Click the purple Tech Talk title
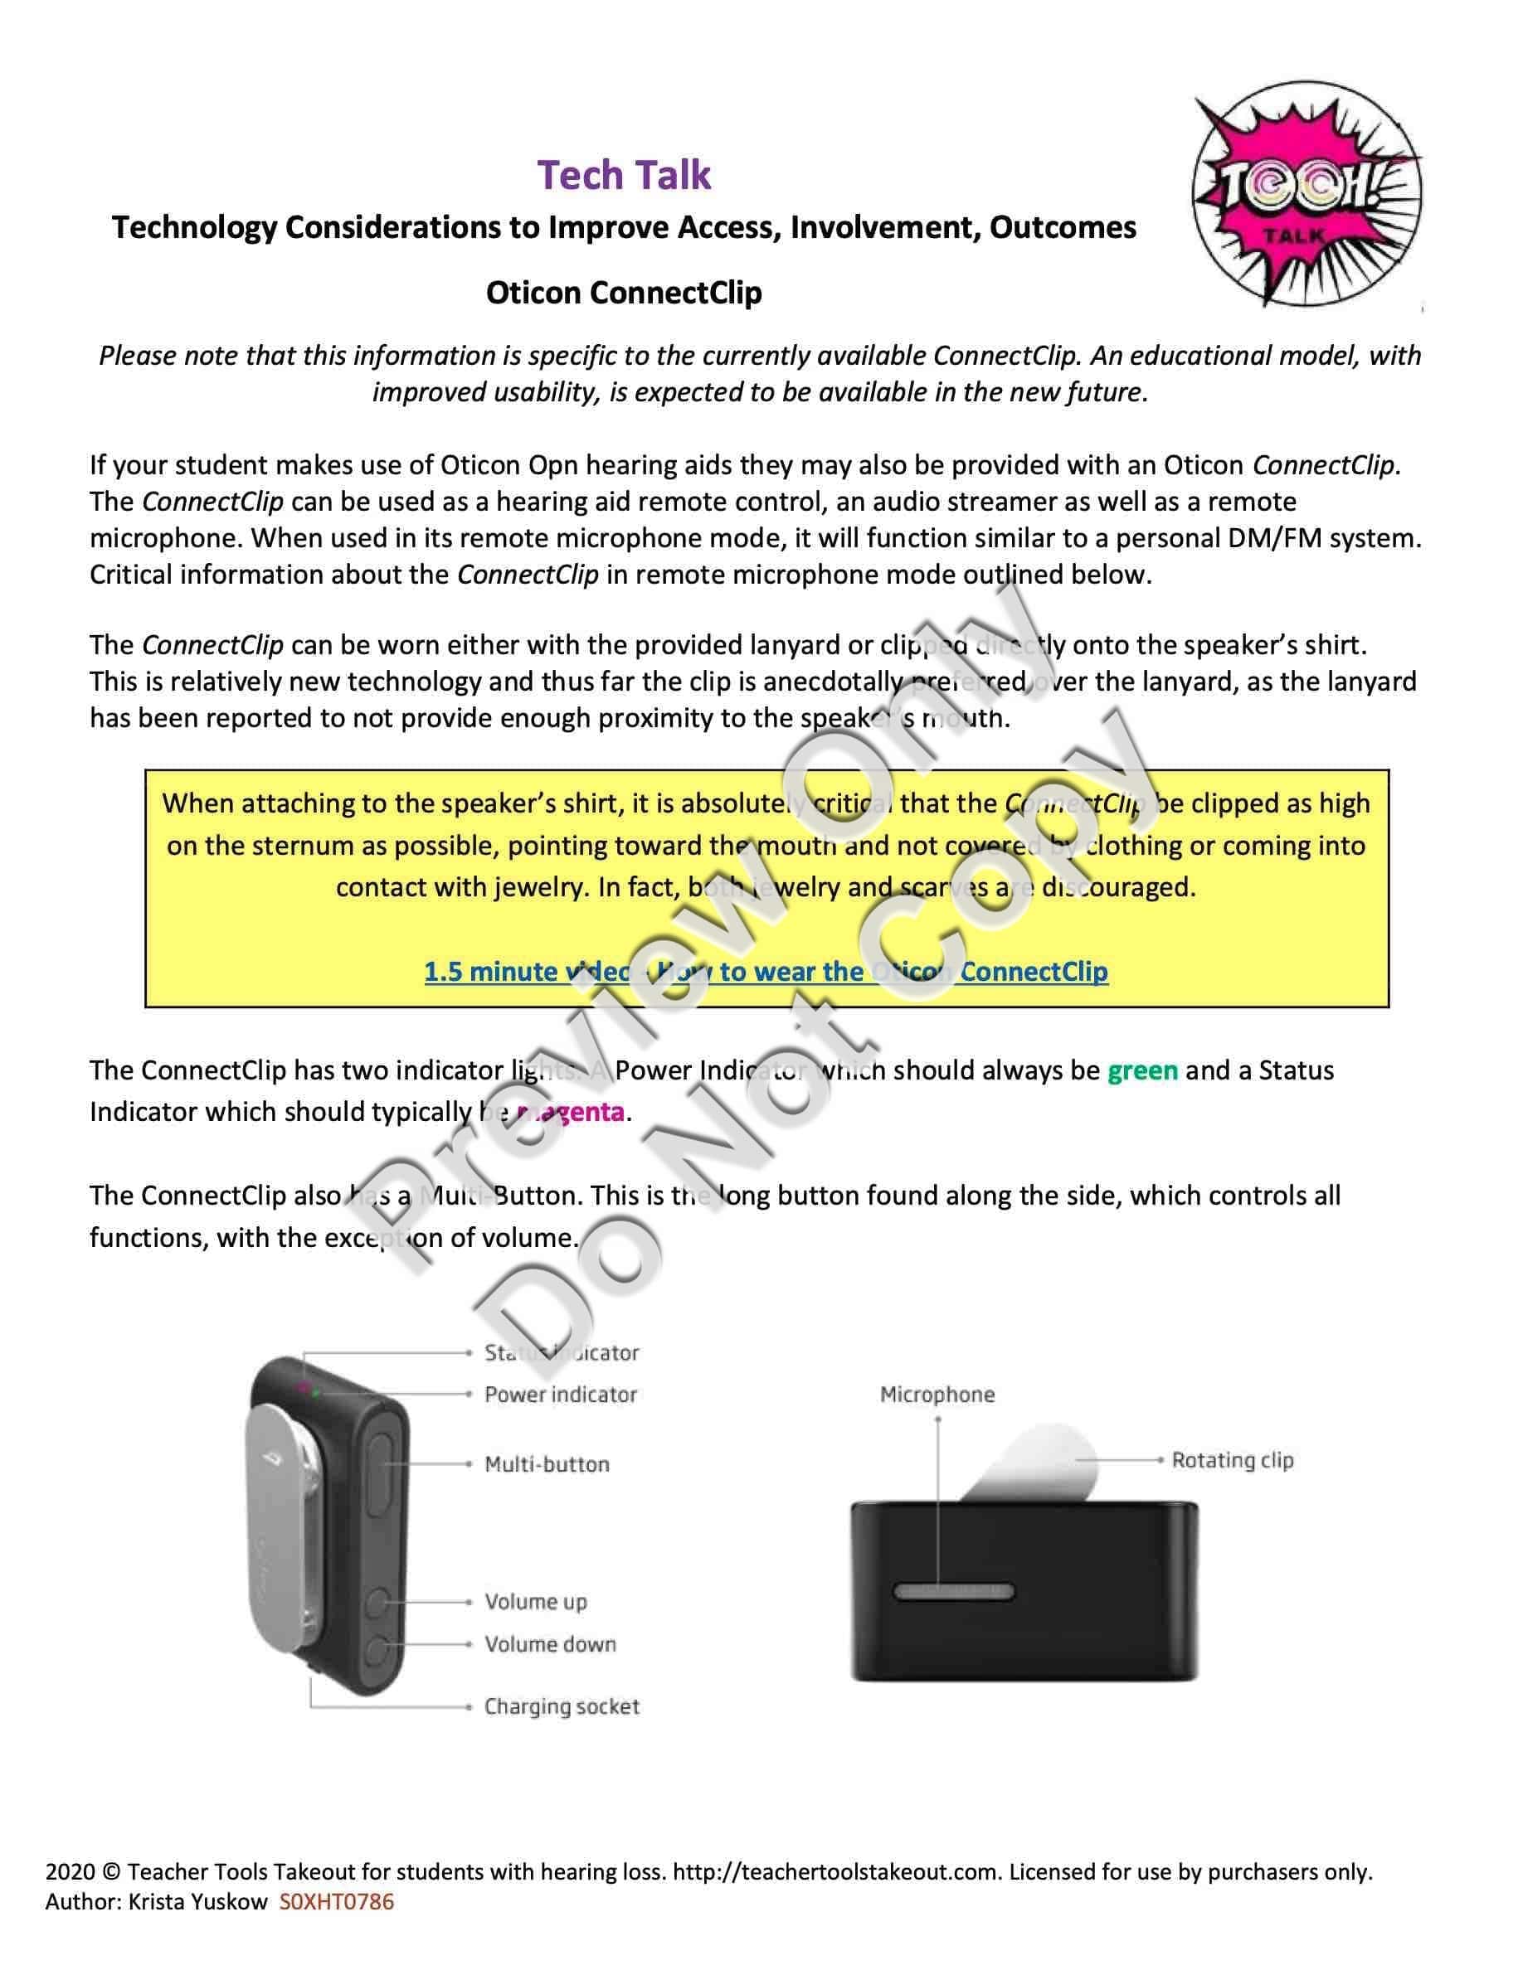point(625,175)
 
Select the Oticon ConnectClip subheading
point(624,292)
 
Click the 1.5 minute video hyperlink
point(766,972)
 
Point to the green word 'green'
point(1142,1070)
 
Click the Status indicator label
point(562,1353)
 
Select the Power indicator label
point(560,1395)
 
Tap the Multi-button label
point(547,1464)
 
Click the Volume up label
point(536,1602)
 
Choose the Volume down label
point(550,1643)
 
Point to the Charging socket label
point(562,1706)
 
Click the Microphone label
point(937,1395)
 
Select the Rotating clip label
point(1233,1460)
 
